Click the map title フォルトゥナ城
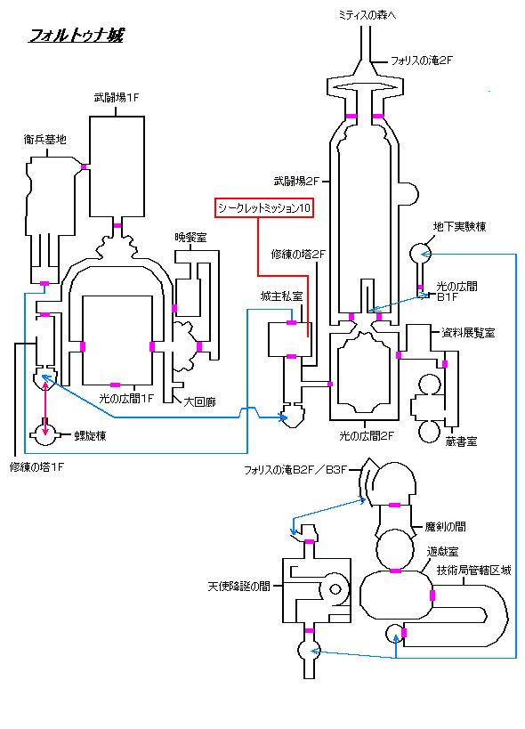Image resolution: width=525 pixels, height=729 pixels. coord(77,36)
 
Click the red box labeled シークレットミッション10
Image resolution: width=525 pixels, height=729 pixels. coord(264,207)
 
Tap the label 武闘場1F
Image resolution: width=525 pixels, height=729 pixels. coord(117,98)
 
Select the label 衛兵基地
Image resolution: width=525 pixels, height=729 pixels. coord(45,139)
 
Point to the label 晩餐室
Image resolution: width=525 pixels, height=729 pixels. coord(191,238)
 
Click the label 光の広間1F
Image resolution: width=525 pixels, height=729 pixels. coord(125,399)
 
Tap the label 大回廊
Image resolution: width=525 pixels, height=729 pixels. coord(200,401)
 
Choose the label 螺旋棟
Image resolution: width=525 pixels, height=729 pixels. coord(90,435)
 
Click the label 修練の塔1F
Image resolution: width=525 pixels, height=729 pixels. coord(36,467)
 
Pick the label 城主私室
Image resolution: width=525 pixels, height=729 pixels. coord(281,296)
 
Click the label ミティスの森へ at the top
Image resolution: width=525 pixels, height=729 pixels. coord(367,15)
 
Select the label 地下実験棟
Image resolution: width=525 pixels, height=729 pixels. coord(459,226)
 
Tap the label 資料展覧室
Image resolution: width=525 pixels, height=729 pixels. coord(468,332)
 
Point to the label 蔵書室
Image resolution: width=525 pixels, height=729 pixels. coord(461,441)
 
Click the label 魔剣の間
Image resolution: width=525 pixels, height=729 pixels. coord(445,527)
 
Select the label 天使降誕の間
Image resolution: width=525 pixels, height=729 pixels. coord(238,587)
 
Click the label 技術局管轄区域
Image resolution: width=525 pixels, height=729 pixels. coord(473,571)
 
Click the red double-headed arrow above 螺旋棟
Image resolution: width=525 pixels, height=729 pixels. coord(45,407)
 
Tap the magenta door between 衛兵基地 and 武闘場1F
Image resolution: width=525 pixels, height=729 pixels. coord(84,167)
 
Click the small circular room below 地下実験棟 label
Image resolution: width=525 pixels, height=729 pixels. coord(421,254)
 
